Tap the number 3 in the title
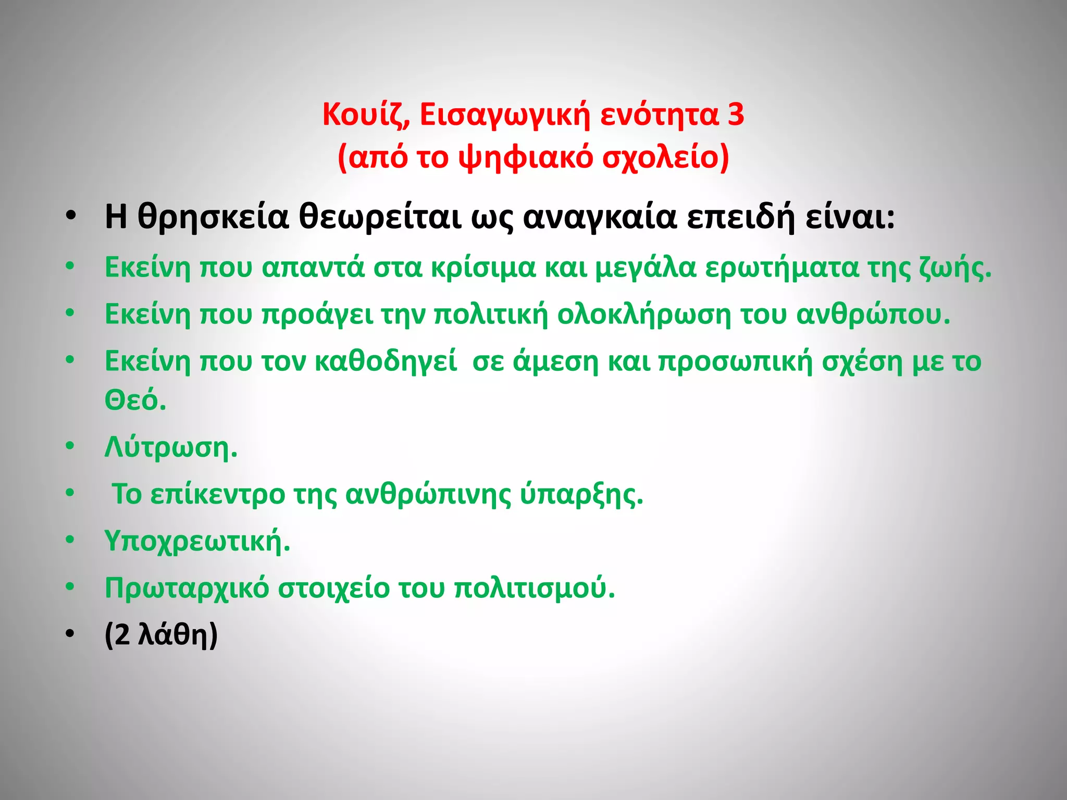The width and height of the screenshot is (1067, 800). pos(736,114)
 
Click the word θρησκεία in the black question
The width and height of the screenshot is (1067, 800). pos(213,217)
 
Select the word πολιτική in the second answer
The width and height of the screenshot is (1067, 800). pos(491,314)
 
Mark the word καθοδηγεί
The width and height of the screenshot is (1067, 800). pos(386,361)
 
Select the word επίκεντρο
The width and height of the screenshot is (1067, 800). pos(217,494)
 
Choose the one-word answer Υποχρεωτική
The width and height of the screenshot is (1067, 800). pos(197,541)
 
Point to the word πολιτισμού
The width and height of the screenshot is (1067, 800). pos(535,587)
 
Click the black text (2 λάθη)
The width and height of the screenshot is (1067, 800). pos(161,635)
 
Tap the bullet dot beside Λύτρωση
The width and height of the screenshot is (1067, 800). pos(70,446)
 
